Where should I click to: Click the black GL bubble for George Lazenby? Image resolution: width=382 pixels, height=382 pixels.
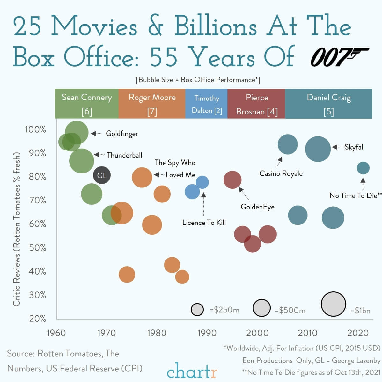point(102,175)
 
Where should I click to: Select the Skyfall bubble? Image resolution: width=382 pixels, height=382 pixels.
point(318,149)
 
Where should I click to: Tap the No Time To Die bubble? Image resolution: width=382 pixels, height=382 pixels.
point(363,168)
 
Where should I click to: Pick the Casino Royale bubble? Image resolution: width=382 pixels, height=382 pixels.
point(288,144)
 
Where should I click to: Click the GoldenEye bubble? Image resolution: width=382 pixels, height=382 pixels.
point(232,180)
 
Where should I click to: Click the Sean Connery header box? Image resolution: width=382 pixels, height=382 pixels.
point(87,104)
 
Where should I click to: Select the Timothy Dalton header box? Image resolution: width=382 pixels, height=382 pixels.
point(206,104)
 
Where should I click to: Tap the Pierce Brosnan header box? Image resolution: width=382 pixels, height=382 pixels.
point(256,104)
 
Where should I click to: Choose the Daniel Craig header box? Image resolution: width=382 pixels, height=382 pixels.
point(328,104)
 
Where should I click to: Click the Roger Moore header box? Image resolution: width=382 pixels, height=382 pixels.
point(152,104)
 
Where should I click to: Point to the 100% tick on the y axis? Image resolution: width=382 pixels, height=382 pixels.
point(35,129)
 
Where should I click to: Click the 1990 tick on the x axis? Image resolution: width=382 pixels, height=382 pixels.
point(207,333)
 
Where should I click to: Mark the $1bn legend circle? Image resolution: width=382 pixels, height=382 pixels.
point(333,304)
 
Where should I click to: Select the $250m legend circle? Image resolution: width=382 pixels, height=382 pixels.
point(197,309)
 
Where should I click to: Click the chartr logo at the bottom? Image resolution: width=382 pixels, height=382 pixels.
point(192,371)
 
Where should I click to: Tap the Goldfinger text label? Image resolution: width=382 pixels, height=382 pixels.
point(122,134)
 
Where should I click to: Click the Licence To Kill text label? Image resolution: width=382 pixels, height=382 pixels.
point(204,223)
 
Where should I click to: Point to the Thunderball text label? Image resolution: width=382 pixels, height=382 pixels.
point(124,155)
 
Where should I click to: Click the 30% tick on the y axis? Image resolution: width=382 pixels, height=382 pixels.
point(37,295)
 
